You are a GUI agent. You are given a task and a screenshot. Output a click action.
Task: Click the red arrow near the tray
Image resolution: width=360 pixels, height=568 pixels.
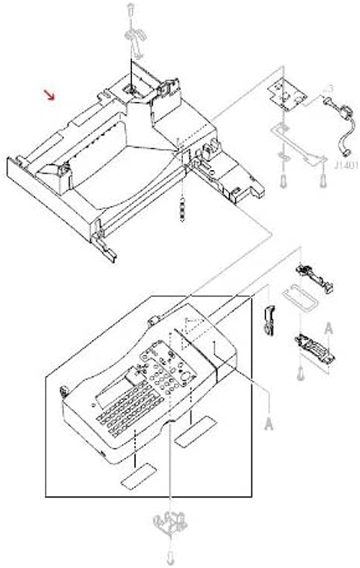[x=50, y=95]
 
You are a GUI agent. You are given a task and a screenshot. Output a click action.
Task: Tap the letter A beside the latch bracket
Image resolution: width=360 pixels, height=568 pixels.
[x=328, y=327]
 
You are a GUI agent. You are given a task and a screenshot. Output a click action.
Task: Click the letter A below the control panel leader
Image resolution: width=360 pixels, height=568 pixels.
[x=268, y=424]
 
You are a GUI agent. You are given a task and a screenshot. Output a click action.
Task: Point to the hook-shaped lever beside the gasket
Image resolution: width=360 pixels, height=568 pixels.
[x=268, y=318]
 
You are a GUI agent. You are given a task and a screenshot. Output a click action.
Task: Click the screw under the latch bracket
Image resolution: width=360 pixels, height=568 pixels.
[x=301, y=369]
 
